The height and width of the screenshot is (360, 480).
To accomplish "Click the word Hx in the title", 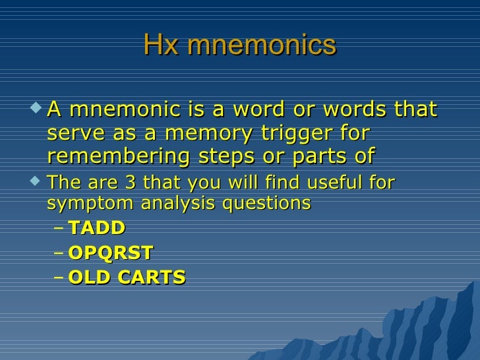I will point(156,45).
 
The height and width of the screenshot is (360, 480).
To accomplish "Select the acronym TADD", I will point(96,228).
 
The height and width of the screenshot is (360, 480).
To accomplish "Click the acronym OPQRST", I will point(110,253).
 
